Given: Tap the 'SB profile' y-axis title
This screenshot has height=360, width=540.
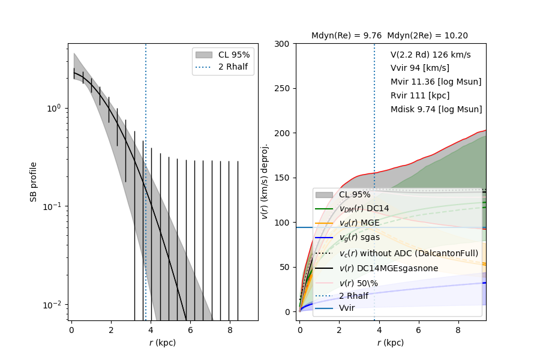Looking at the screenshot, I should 34,181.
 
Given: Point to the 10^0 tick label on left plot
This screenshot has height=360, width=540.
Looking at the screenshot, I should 53,108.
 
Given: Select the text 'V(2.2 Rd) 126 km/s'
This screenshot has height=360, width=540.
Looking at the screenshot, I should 430,55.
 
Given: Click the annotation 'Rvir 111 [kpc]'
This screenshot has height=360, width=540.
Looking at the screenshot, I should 420,95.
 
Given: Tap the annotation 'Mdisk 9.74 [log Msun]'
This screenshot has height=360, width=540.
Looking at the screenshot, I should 436,109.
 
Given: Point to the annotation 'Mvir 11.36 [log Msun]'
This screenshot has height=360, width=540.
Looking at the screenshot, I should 436,82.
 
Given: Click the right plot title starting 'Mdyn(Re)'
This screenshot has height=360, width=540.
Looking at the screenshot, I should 389,36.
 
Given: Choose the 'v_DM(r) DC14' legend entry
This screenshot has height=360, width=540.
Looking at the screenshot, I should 364,208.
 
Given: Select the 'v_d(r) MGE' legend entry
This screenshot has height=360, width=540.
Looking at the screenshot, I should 359,223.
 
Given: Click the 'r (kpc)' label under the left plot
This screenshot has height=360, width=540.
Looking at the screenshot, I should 163,343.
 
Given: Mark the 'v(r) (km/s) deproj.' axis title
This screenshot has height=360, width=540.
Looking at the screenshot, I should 264,181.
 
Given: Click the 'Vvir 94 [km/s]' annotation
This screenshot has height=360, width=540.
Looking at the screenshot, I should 419,68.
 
